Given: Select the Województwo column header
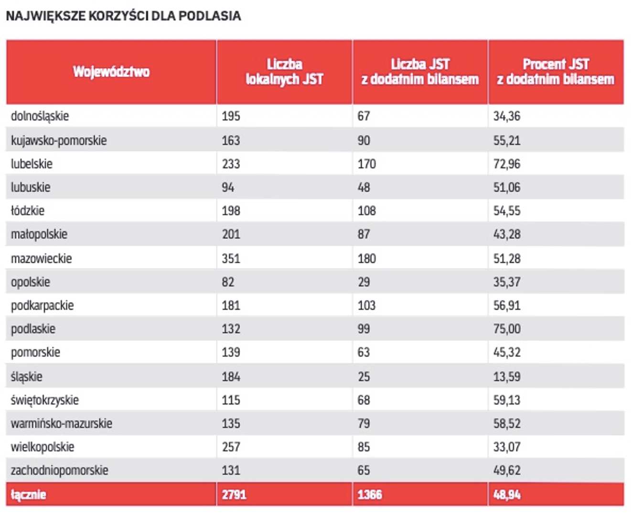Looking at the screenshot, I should [111, 72].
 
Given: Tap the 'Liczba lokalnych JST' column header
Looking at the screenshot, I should [284, 72].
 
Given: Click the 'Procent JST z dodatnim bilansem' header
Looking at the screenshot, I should [556, 72].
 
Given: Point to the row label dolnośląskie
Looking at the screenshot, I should [40, 116].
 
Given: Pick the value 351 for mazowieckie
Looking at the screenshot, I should [231, 258].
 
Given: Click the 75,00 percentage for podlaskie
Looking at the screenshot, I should [507, 329].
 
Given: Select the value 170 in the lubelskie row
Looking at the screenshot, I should [367, 164].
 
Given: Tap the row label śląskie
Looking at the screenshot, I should [27, 376].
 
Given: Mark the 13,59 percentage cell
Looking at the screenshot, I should [507, 376].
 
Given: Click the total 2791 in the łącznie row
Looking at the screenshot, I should [234, 494].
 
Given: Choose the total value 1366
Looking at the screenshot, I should [370, 494].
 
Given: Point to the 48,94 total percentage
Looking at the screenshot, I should [507, 494].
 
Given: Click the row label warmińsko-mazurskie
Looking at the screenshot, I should [62, 423].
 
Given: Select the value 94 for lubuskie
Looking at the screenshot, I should [228, 187].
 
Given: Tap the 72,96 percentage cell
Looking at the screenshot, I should [507, 164].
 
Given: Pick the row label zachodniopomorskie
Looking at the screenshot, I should [60, 470].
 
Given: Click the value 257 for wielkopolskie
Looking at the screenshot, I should [231, 447].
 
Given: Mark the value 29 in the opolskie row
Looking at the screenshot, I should [364, 282].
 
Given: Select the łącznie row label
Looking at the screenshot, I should [29, 494].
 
